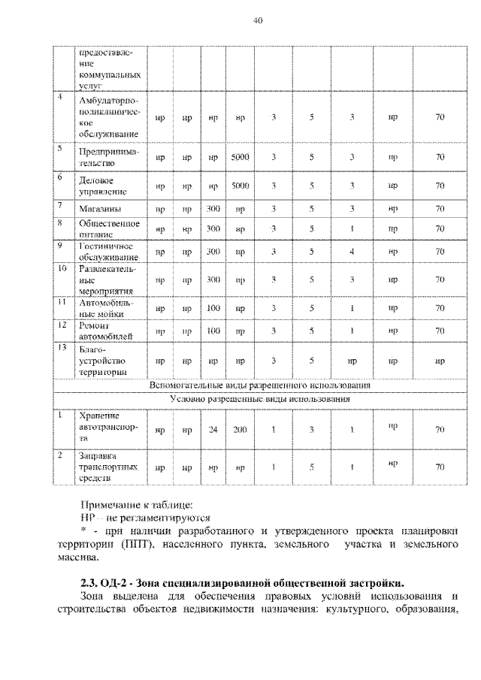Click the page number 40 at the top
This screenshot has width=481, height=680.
coord(256,20)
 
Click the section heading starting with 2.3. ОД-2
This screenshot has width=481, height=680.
coord(241,582)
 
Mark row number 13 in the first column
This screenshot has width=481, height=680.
coord(62,348)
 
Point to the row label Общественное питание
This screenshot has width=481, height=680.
coord(109,228)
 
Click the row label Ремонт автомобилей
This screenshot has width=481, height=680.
coord(104,330)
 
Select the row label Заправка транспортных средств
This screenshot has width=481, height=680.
coord(108,466)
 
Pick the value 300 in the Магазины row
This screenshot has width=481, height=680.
coord(213,207)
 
